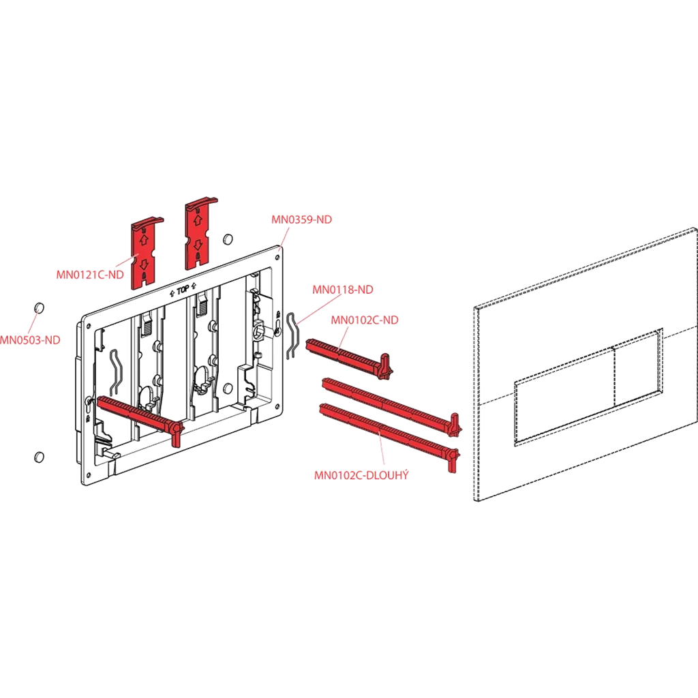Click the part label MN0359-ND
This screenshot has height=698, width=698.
pos(301,219)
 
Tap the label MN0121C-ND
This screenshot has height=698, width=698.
pos(90,275)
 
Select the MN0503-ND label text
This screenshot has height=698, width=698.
pos(30,340)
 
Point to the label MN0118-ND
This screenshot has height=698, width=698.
pos(343,290)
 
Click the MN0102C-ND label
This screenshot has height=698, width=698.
pos(365,320)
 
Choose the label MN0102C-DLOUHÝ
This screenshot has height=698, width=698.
pos(361,475)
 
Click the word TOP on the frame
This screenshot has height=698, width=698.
pos(183,290)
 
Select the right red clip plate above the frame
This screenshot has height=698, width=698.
pos(200,233)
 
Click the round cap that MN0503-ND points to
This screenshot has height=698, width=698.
pos(39,308)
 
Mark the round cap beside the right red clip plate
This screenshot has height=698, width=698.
pos(227,239)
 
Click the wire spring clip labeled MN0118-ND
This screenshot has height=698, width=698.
pos(291,335)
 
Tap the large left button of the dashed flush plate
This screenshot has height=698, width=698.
pos(564,395)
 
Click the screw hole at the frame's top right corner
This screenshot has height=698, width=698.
pos(278,257)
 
